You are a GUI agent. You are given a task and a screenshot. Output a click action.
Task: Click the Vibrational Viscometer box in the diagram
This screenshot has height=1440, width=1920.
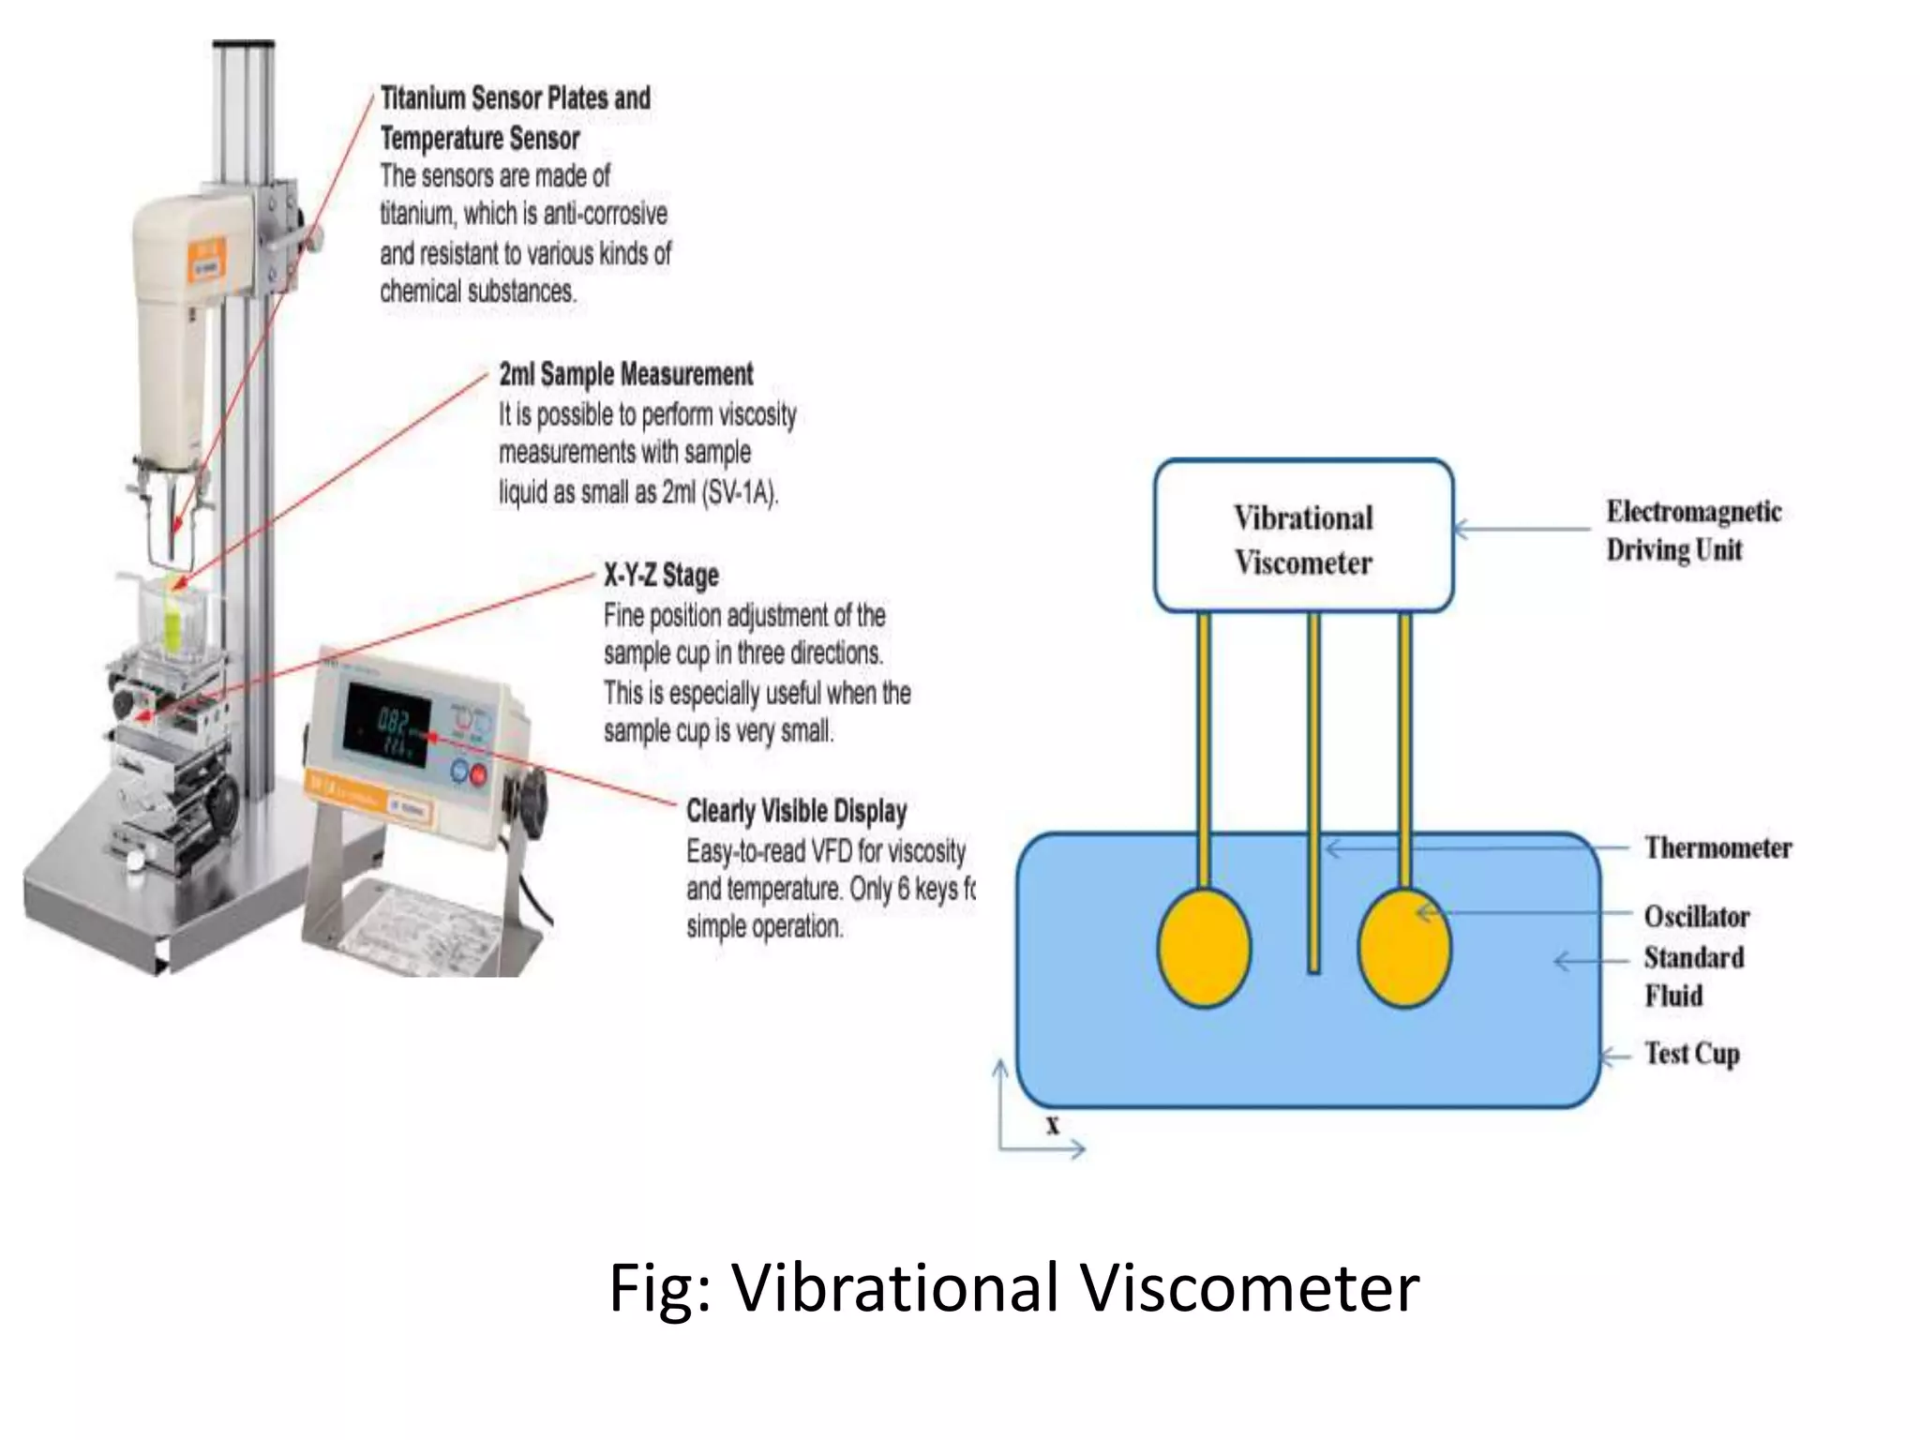(1303, 536)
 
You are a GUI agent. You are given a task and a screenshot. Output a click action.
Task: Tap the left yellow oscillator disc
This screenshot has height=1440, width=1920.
(1205, 948)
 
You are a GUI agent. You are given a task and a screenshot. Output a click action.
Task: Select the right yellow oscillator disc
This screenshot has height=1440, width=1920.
(1404, 948)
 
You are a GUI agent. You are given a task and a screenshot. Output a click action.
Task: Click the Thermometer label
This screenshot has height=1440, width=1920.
(1717, 847)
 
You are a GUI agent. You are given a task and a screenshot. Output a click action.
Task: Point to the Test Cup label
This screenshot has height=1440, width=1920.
(1691, 1054)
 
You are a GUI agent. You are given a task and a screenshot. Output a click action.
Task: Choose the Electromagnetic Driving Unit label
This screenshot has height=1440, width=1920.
(1693, 530)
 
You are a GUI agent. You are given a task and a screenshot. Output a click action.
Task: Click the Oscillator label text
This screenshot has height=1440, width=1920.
(1696, 916)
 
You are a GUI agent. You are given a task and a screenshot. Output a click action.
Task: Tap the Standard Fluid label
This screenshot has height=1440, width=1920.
(1693, 976)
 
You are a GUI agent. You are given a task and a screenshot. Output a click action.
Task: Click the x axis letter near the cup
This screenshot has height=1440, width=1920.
(1053, 1125)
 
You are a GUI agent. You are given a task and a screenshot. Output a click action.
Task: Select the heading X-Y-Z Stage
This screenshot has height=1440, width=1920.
(661, 575)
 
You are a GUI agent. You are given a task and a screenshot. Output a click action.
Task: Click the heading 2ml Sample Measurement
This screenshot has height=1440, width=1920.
(625, 374)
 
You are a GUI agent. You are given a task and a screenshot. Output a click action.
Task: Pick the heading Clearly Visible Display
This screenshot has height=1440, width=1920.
(796, 811)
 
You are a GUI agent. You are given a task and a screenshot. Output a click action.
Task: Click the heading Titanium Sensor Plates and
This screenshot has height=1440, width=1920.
(515, 98)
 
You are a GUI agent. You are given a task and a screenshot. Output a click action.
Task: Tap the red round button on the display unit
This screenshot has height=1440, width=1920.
(478, 773)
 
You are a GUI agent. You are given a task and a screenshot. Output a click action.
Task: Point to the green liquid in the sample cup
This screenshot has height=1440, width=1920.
(173, 623)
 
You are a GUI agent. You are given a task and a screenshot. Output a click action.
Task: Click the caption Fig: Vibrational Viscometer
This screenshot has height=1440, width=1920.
(1013, 1287)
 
